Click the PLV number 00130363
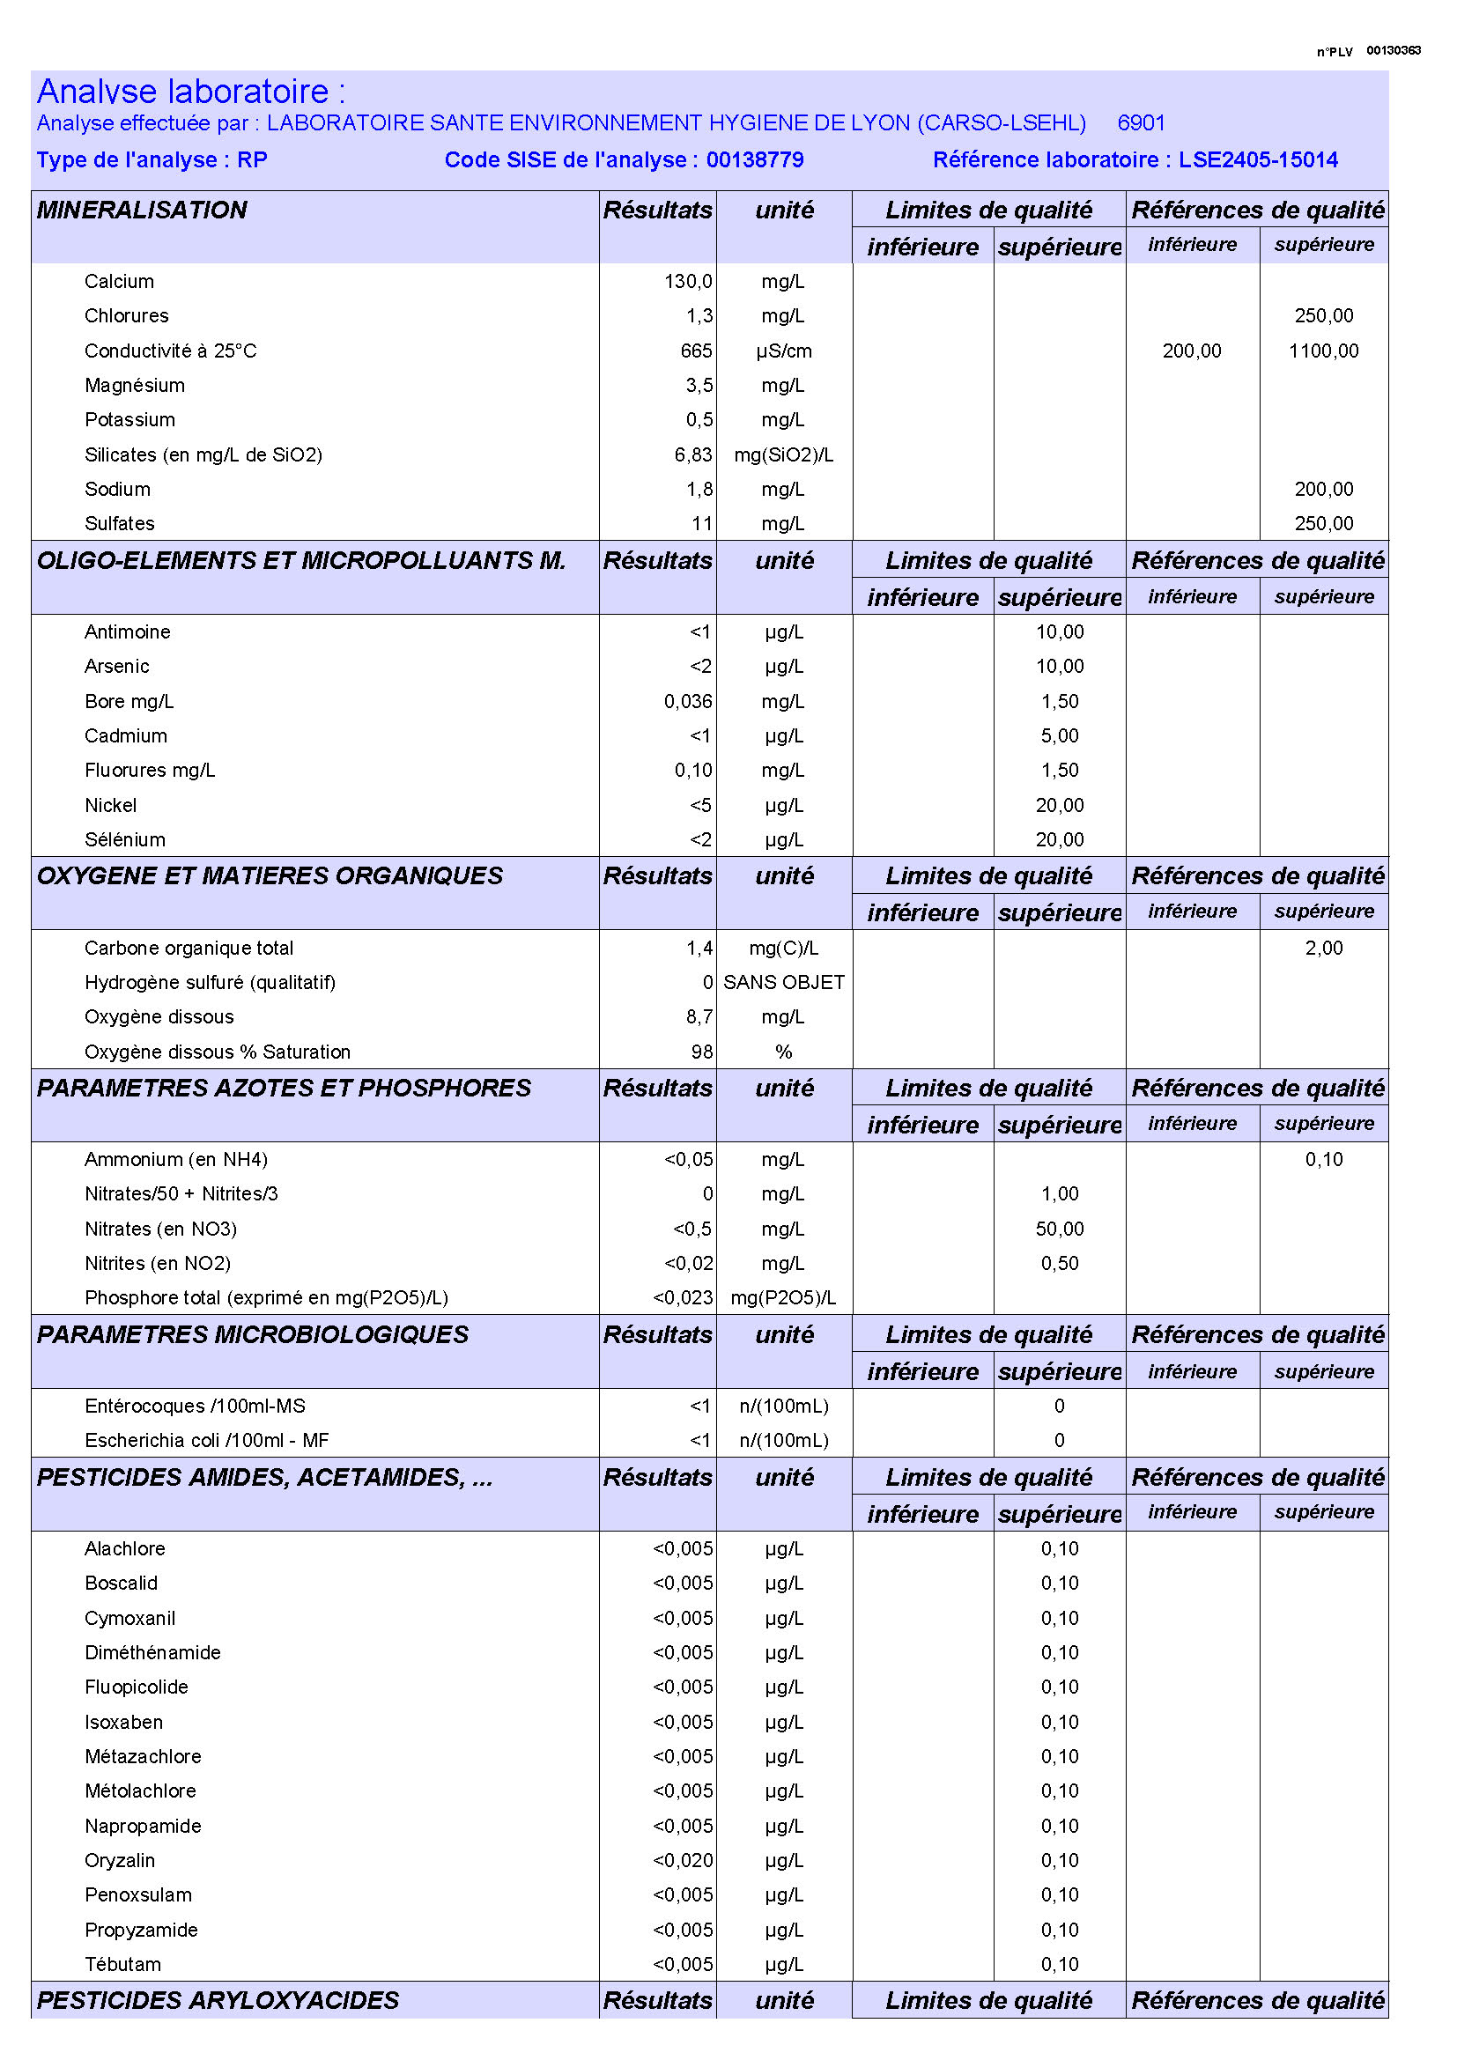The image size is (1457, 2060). pyautogui.click(x=1393, y=50)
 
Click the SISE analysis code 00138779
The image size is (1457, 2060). pyautogui.click(x=755, y=159)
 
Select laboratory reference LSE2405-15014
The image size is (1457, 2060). pyautogui.click(x=1258, y=159)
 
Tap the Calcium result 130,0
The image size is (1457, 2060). pyautogui.click(x=688, y=281)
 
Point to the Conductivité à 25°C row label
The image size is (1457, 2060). pyautogui.click(x=171, y=351)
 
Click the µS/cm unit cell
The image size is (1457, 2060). pyautogui.click(x=783, y=351)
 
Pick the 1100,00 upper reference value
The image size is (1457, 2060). pyautogui.click(x=1323, y=351)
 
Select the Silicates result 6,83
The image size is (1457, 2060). pyautogui.click(x=693, y=454)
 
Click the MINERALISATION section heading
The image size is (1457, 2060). pyautogui.click(x=142, y=210)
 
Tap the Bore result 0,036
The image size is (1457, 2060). pyautogui.click(x=688, y=702)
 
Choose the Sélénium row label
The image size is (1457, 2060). pyautogui.click(x=125, y=840)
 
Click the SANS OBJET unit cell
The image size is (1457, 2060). pyautogui.click(x=783, y=983)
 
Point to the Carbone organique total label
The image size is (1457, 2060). pyautogui.click(x=189, y=949)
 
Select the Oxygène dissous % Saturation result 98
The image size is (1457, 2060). pyautogui.click(x=702, y=1052)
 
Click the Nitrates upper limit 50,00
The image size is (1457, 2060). pyautogui.click(x=1060, y=1229)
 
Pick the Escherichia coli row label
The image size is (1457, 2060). pyautogui.click(x=206, y=1440)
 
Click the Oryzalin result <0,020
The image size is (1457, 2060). pyautogui.click(x=683, y=1860)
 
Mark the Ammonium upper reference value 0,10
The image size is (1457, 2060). pyautogui.click(x=1323, y=1159)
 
